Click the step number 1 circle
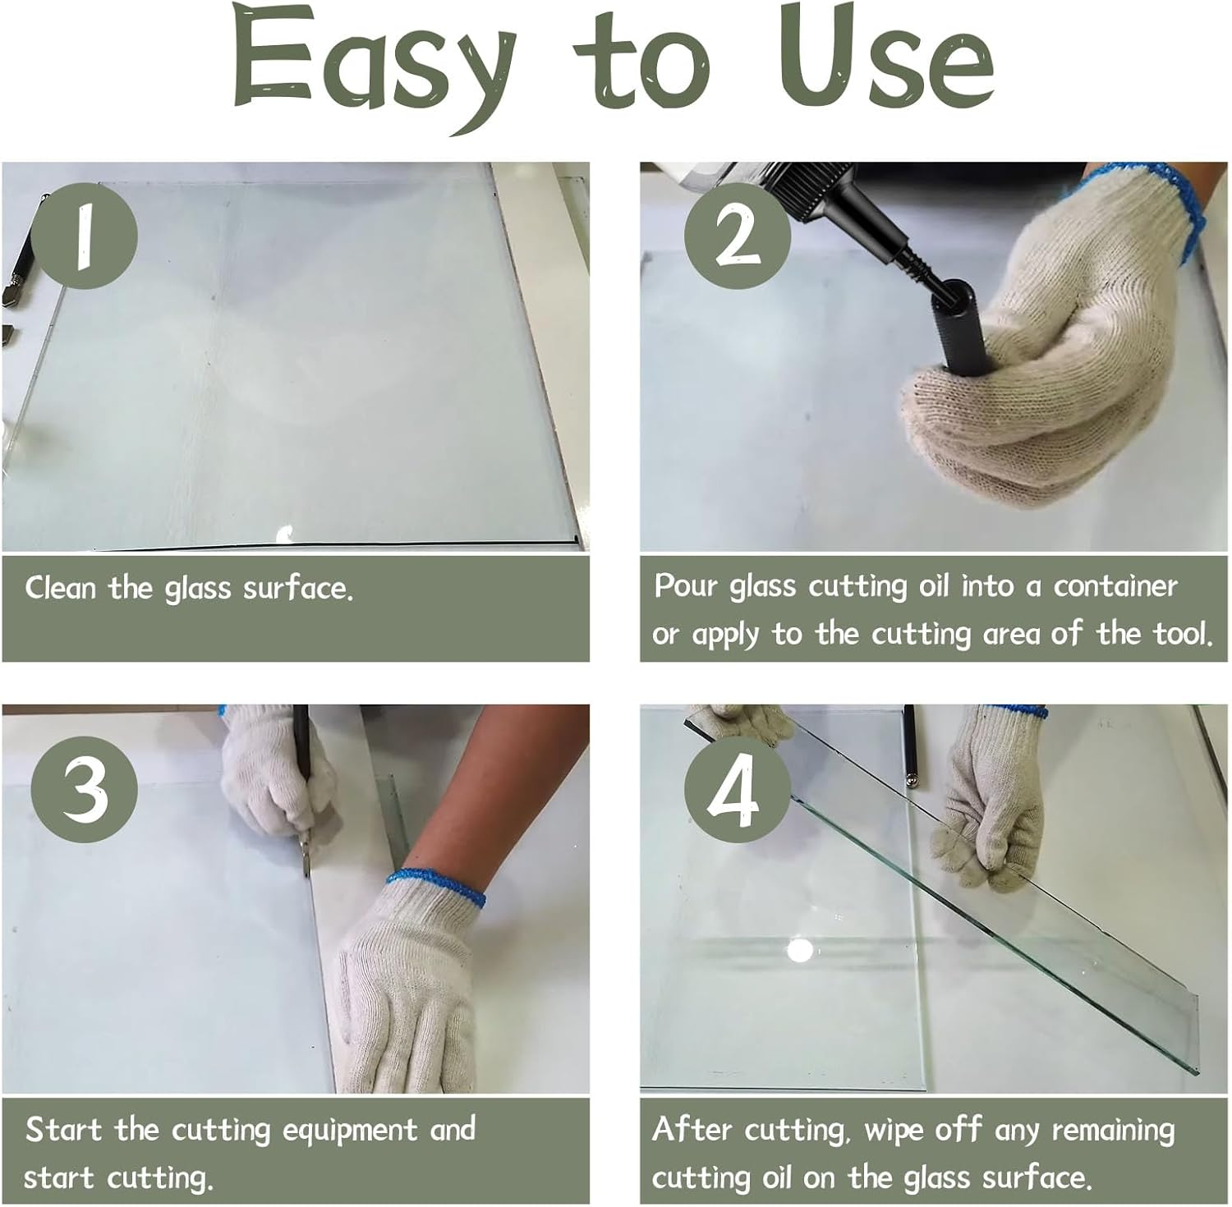coord(85,236)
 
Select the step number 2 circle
coord(737,236)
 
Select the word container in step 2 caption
coord(1115,586)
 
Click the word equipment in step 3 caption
coord(350,1130)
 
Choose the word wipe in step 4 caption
coord(894,1131)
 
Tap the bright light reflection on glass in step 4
coord(799,951)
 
